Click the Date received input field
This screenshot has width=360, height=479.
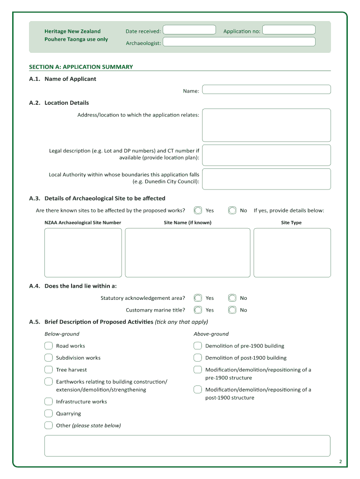189,30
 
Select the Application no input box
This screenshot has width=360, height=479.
288,30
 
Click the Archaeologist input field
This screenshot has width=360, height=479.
239,42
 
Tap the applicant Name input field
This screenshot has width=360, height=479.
266,89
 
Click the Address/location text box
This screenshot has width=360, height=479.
266,125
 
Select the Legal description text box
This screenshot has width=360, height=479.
266,155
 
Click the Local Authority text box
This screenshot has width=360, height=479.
266,179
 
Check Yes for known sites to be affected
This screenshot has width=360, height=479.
198,210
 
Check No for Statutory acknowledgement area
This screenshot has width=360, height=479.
232,298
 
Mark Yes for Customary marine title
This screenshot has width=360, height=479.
198,310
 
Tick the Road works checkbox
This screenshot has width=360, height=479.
49,346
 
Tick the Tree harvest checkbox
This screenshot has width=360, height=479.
49,370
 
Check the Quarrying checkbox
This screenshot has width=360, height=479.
49,413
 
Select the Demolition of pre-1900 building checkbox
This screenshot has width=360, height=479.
198,346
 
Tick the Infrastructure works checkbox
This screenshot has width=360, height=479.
49,401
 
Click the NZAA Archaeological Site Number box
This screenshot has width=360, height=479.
83,253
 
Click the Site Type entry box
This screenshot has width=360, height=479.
292,253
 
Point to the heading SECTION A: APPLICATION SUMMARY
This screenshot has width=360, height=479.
81,67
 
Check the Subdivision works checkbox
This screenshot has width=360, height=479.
49,358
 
